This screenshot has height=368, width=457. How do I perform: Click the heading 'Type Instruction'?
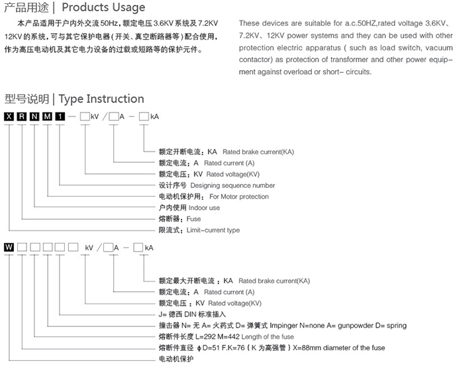pyautogui.click(x=101, y=99)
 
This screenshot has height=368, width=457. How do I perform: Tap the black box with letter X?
pyautogui.click(x=9, y=117)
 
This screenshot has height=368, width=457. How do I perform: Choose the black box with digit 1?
pyautogui.click(x=60, y=117)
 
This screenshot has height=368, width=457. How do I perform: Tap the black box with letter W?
pyautogui.click(x=9, y=248)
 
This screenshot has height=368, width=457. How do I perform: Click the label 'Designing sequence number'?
pyautogui.click(x=232, y=185)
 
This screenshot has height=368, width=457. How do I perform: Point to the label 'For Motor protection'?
pyautogui.click(x=239, y=197)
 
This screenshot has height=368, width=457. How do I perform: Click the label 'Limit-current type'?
pyautogui.click(x=213, y=230)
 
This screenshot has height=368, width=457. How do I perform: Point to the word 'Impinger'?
pyautogui.click(x=295, y=326)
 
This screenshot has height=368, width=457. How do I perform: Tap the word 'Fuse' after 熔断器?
pyautogui.click(x=194, y=219)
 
